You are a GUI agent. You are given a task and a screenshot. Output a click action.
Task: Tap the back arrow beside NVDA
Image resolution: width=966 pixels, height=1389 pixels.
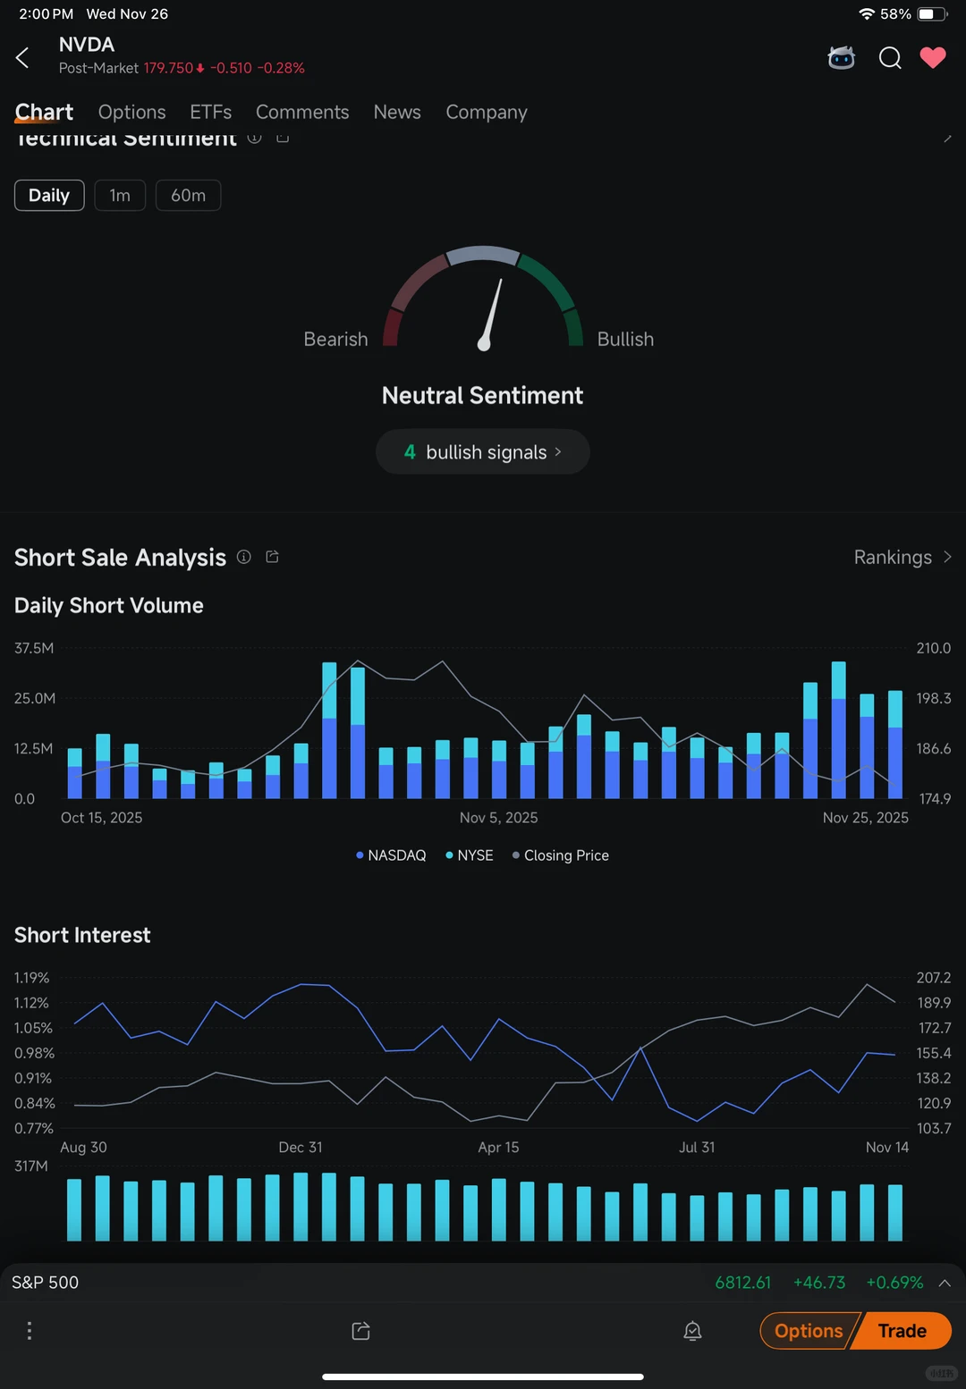(x=23, y=58)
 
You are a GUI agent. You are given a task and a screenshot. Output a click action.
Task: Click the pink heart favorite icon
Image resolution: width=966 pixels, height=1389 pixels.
(x=933, y=58)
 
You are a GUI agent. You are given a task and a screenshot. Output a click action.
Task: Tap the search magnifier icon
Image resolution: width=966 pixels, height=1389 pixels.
(x=890, y=58)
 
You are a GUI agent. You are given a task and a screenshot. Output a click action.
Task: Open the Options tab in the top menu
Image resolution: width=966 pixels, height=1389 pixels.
(x=132, y=113)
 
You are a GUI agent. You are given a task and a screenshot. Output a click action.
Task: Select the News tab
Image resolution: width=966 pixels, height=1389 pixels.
(x=397, y=113)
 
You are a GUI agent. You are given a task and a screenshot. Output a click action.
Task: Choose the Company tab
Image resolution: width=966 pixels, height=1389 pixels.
(x=487, y=113)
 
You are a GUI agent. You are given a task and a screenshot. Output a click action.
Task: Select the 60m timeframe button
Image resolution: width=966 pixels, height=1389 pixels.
(x=188, y=196)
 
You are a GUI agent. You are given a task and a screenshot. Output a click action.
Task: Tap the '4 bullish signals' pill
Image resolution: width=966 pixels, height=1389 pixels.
(x=483, y=452)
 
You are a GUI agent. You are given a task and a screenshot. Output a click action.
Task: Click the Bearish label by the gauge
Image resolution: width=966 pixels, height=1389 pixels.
(x=335, y=340)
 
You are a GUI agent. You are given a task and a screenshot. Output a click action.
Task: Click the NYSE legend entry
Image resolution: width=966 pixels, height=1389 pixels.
(x=470, y=855)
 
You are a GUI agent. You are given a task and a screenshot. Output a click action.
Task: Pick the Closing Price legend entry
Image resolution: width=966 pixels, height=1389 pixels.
(x=561, y=855)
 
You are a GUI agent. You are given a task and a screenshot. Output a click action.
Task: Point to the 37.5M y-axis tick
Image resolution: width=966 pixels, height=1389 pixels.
(x=34, y=648)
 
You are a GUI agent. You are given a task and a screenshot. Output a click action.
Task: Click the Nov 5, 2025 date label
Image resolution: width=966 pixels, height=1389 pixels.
(x=498, y=818)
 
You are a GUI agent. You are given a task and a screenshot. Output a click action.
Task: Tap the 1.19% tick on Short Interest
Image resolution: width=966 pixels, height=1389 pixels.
(x=31, y=978)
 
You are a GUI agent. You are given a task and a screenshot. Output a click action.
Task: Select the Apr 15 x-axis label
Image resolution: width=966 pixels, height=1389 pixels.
(x=498, y=1148)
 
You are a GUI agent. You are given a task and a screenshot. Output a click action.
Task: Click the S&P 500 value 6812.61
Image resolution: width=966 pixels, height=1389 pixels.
(x=742, y=1283)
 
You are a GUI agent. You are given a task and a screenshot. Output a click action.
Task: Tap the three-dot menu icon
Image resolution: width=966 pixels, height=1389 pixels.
(x=30, y=1331)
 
